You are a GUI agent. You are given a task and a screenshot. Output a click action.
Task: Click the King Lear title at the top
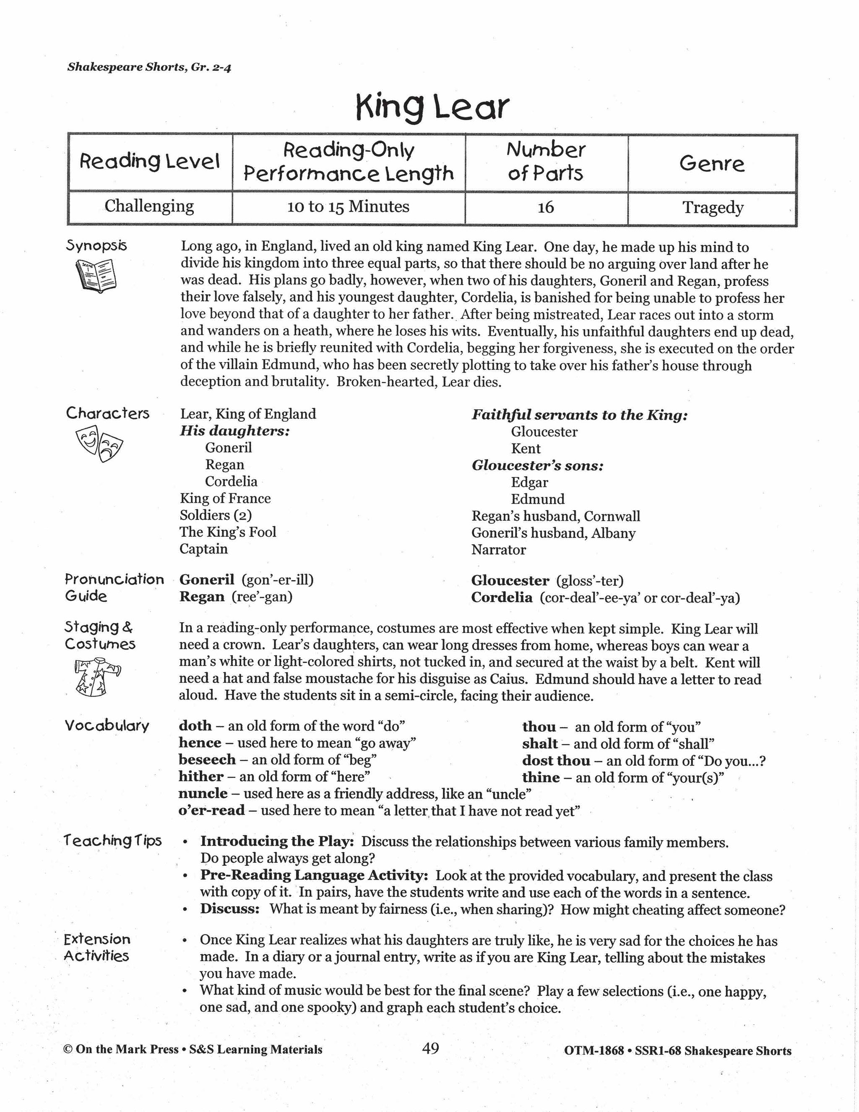[x=432, y=107]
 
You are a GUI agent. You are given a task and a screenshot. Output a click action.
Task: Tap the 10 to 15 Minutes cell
[x=348, y=207]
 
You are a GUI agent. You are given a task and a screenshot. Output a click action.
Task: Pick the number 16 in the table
[x=546, y=207]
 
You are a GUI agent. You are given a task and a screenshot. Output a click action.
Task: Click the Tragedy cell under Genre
[x=713, y=208]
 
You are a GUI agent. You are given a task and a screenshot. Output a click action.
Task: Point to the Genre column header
[x=711, y=163]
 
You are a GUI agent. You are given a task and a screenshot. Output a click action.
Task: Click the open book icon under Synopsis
[x=96, y=275]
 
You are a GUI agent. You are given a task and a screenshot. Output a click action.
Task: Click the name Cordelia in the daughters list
[x=231, y=482]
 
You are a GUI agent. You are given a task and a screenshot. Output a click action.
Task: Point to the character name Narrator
[x=498, y=550]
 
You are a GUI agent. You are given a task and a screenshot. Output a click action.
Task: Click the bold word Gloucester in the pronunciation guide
[x=510, y=580]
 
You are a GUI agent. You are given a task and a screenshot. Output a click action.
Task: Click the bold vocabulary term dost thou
[x=556, y=761]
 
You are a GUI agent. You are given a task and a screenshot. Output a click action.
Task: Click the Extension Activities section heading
[x=97, y=947]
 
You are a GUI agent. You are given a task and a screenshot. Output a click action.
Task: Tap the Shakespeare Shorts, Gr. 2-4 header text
[x=149, y=67]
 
